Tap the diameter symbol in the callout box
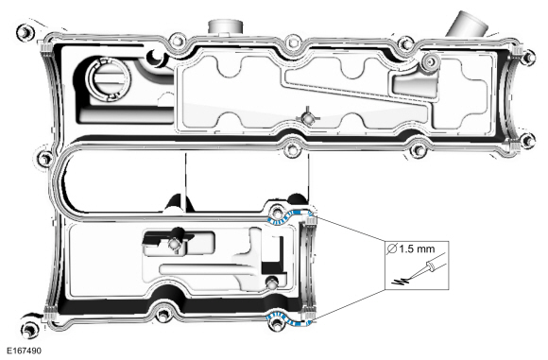[x=395, y=249]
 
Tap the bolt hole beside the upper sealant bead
[x=277, y=210]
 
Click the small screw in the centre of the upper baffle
[x=306, y=118]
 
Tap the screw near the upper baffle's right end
[x=430, y=63]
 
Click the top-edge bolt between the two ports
[x=293, y=42]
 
